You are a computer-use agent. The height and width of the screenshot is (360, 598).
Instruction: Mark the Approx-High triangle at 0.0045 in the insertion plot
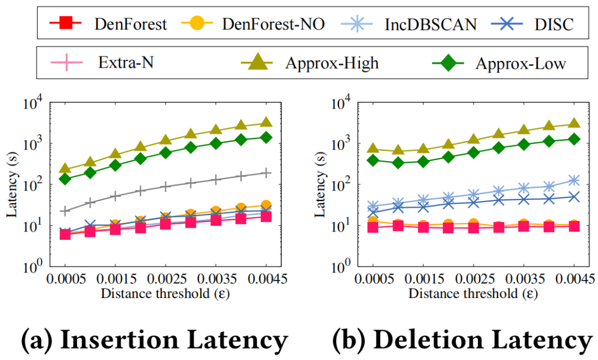266,122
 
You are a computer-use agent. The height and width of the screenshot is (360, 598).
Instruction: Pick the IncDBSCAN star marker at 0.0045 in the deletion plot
574,181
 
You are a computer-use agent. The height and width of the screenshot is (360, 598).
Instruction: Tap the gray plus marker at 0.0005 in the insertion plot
65,211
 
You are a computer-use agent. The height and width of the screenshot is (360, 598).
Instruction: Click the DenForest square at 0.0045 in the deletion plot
574,226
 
